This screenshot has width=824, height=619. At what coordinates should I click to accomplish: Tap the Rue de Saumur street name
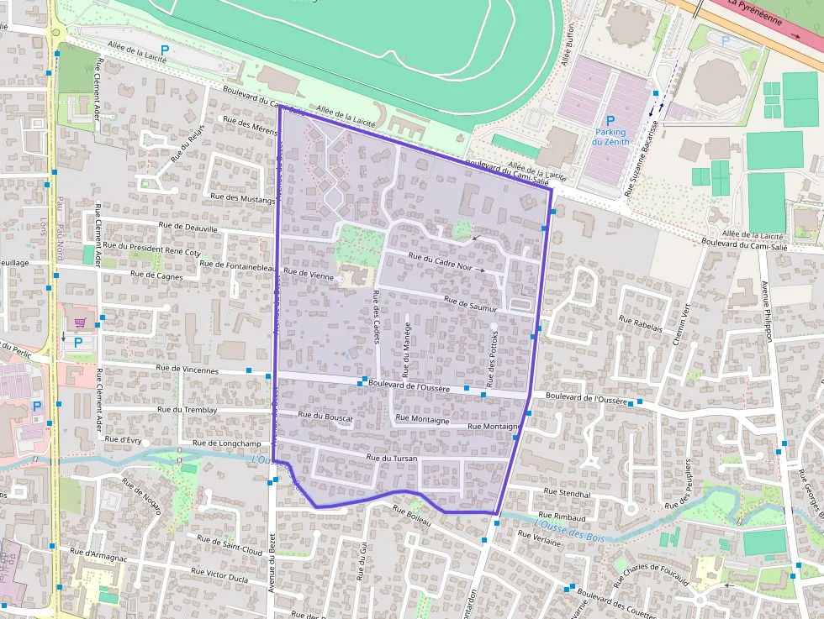point(471,305)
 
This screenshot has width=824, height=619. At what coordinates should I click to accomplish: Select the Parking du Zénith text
point(610,137)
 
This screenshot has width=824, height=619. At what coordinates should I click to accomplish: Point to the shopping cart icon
point(80,323)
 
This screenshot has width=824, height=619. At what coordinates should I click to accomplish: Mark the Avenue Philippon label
point(766,310)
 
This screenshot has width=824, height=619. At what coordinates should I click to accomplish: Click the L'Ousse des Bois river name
point(573,530)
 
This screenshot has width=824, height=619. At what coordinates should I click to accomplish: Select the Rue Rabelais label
point(641,323)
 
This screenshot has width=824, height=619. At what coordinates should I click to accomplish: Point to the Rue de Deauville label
point(188,228)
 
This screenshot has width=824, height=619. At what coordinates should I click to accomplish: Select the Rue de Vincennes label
point(188,370)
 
